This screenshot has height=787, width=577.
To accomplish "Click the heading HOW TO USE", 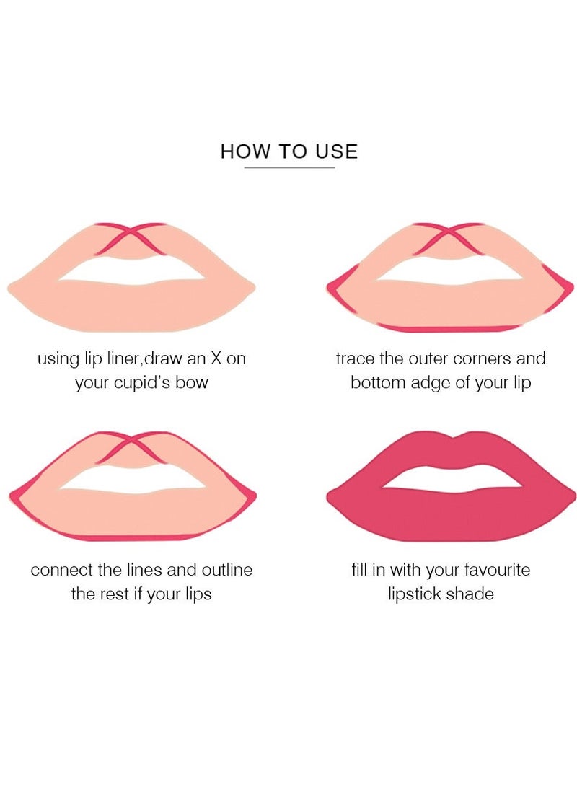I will [x=288, y=151].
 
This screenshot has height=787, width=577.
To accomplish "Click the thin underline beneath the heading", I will [x=288, y=168].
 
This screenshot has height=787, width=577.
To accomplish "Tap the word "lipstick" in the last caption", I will [x=415, y=594].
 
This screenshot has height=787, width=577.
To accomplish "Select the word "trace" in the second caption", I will [x=356, y=359].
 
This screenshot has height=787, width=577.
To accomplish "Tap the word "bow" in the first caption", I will [x=192, y=382].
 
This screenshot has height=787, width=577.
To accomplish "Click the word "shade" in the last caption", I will [x=470, y=594].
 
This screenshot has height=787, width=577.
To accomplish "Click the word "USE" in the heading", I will [x=335, y=151].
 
